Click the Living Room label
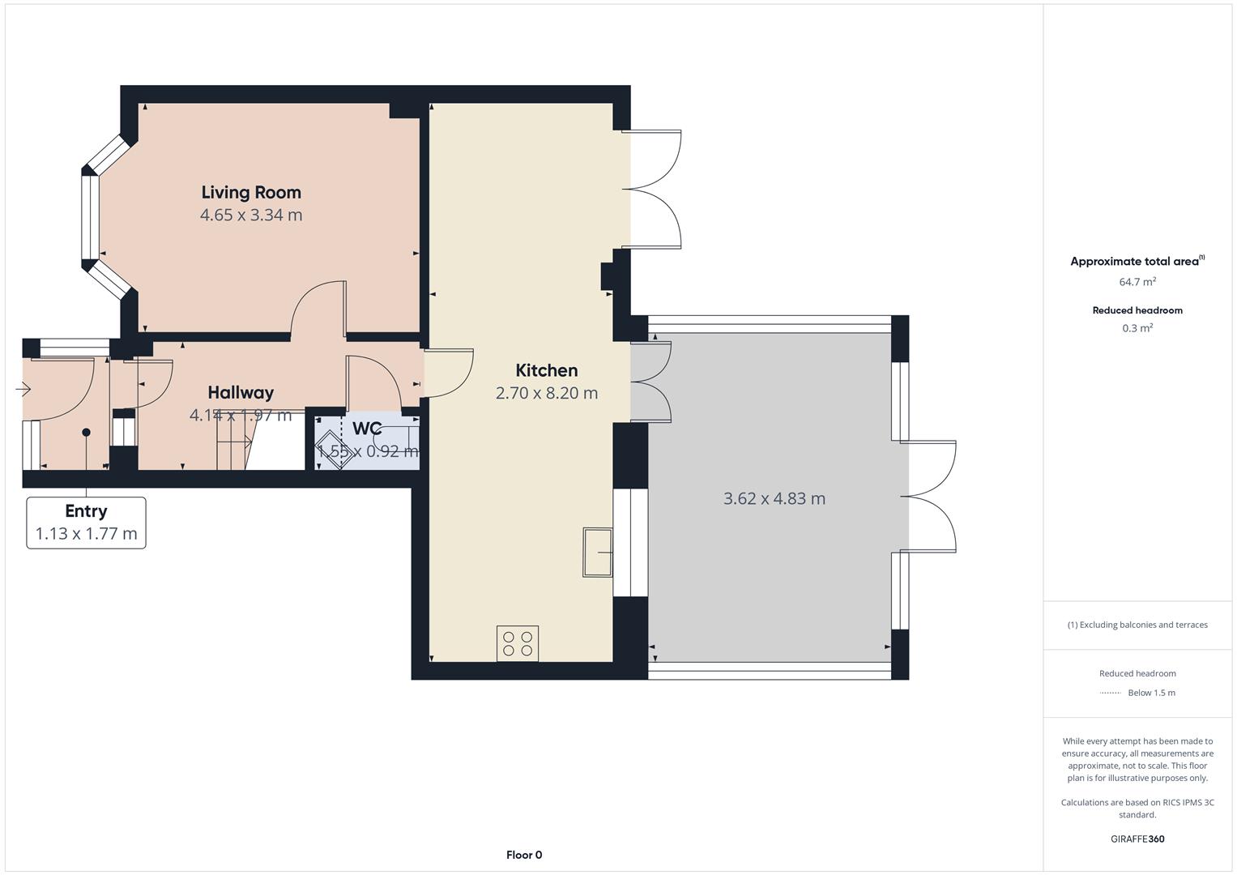coord(251,192)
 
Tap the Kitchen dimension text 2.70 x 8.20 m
coord(547,393)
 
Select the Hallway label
coord(241,392)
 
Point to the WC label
coord(367,428)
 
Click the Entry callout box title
coord(86,511)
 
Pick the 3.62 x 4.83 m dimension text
coord(774,498)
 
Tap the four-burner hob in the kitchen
coord(518,643)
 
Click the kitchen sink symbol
coord(598,553)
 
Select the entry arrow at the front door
coord(23,390)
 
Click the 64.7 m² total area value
coord(1137,282)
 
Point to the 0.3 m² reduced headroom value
coord(1137,328)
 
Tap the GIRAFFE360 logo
coord(1137,839)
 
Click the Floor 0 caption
coord(524,855)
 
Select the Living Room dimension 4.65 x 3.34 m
coord(251,215)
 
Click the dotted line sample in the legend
coord(1110,693)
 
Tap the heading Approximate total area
coord(1135,262)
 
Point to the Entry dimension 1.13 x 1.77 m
coord(86,534)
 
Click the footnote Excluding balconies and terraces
coord(1137,625)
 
